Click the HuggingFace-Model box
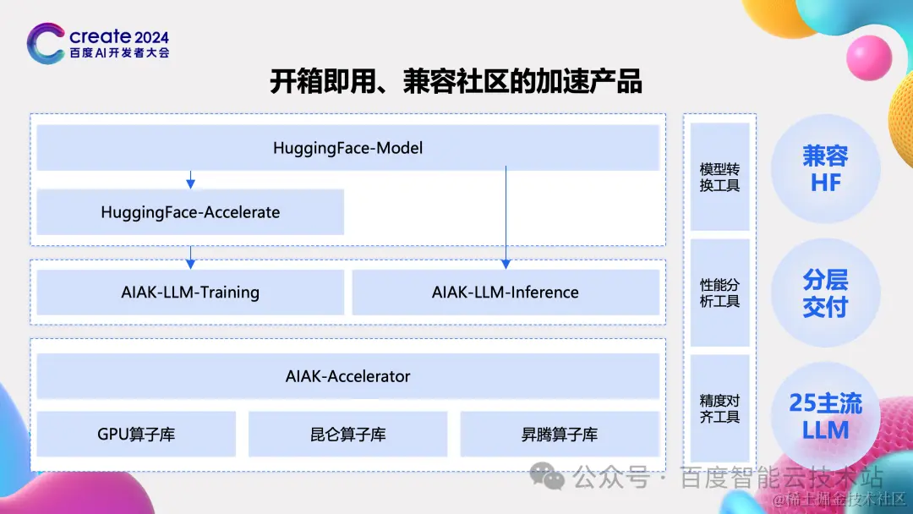(x=347, y=148)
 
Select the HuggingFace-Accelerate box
(x=190, y=212)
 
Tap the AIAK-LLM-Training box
(x=190, y=293)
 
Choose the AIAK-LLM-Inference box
(x=506, y=293)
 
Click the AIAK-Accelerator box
(x=347, y=376)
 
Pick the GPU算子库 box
(x=136, y=435)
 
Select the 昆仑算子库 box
(x=348, y=435)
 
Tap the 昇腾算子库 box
(x=560, y=435)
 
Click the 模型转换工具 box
(x=719, y=177)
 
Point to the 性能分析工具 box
(x=719, y=293)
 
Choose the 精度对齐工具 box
(x=719, y=408)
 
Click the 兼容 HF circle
(x=825, y=169)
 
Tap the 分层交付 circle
(x=825, y=293)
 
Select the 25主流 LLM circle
(x=825, y=416)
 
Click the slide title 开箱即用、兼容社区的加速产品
(x=456, y=81)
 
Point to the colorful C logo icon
(x=46, y=42)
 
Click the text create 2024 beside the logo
(x=119, y=37)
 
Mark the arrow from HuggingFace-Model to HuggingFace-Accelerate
(x=190, y=179)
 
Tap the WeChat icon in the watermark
(x=552, y=478)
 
